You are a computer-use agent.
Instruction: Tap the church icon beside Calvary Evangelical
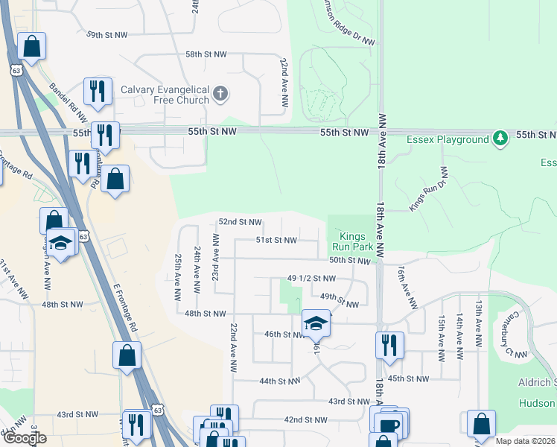pyautogui.click(x=220, y=94)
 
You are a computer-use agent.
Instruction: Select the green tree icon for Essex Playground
pyautogui.click(x=501, y=138)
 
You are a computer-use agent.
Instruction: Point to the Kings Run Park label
pyautogui.click(x=351, y=240)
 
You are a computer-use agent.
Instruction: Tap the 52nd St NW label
pyautogui.click(x=240, y=222)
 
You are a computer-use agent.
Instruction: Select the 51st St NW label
pyautogui.click(x=276, y=241)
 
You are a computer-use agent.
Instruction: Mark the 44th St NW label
pyautogui.click(x=279, y=381)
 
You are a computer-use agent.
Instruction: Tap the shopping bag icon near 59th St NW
pyautogui.click(x=32, y=47)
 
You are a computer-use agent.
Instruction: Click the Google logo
pyautogui.click(x=25, y=439)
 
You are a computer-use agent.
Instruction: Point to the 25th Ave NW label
pyautogui.click(x=179, y=277)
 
